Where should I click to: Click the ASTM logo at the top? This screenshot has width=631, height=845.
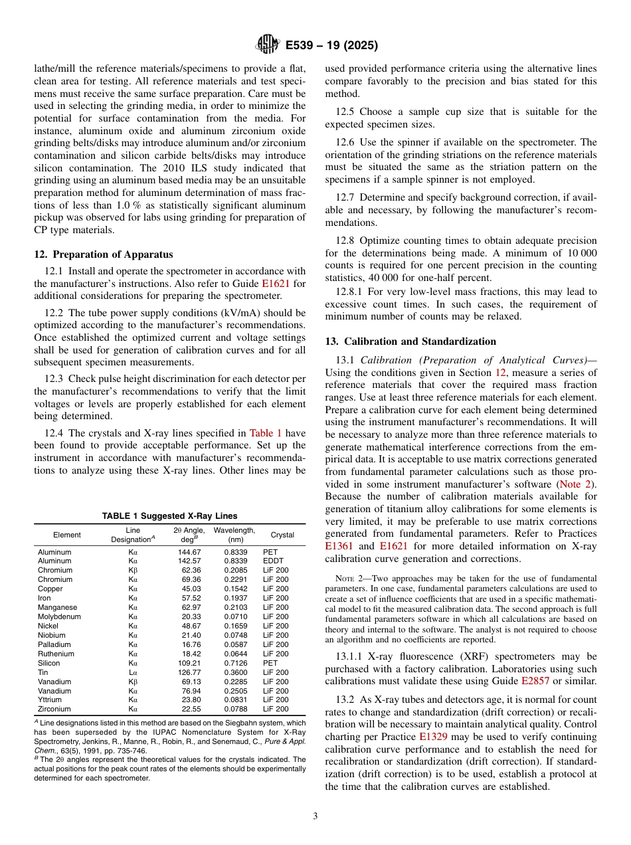267,45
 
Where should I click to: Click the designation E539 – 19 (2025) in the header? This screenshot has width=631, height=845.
331,46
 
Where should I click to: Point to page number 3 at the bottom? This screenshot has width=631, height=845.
315,816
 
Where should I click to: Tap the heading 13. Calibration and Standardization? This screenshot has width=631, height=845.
410,341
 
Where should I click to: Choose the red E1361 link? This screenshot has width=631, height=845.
338,546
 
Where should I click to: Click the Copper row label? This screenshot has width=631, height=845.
50,589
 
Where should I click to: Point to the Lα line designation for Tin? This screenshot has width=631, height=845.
133,672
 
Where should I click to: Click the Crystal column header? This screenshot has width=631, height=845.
282,535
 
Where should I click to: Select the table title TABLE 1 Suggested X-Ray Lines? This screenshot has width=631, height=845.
169,516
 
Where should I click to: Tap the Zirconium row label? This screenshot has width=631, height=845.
54,709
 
